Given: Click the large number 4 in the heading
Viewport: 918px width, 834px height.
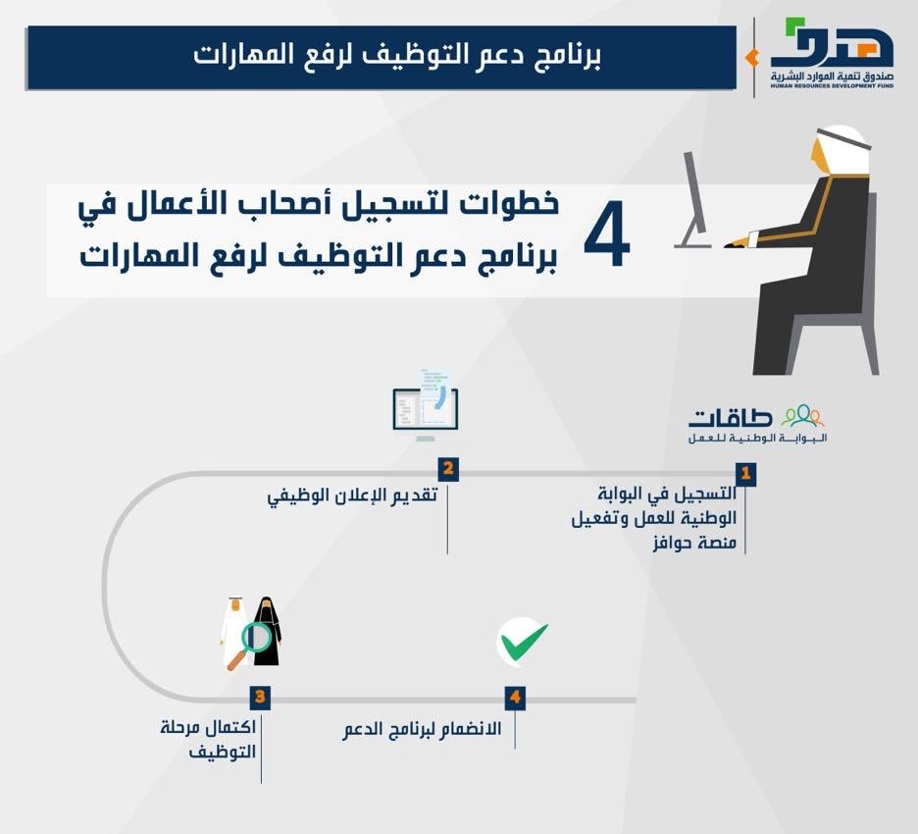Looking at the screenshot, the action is [607, 235].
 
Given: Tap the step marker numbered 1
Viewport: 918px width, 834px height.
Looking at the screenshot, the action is [745, 473].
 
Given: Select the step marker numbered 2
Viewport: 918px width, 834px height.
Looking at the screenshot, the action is [448, 469].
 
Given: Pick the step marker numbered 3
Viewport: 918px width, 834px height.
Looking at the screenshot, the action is [260, 697].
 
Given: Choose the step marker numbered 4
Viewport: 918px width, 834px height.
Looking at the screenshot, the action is [515, 697].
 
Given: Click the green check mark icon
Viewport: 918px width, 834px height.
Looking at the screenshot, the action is [524, 642].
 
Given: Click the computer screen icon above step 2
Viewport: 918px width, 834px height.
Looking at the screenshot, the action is [426, 405].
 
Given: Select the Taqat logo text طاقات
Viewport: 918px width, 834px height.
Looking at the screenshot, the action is [730, 418].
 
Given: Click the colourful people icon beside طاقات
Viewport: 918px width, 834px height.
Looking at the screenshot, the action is [802, 415].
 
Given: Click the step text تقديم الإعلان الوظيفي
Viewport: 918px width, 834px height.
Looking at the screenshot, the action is [352, 495].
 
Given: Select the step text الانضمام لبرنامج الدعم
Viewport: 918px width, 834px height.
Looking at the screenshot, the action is [422, 729].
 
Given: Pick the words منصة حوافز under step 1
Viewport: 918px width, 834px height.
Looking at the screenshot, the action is [694, 542].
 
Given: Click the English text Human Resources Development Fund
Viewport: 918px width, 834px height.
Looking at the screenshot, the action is [832, 85].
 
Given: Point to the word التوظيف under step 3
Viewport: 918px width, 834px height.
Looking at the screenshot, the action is [223, 752].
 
